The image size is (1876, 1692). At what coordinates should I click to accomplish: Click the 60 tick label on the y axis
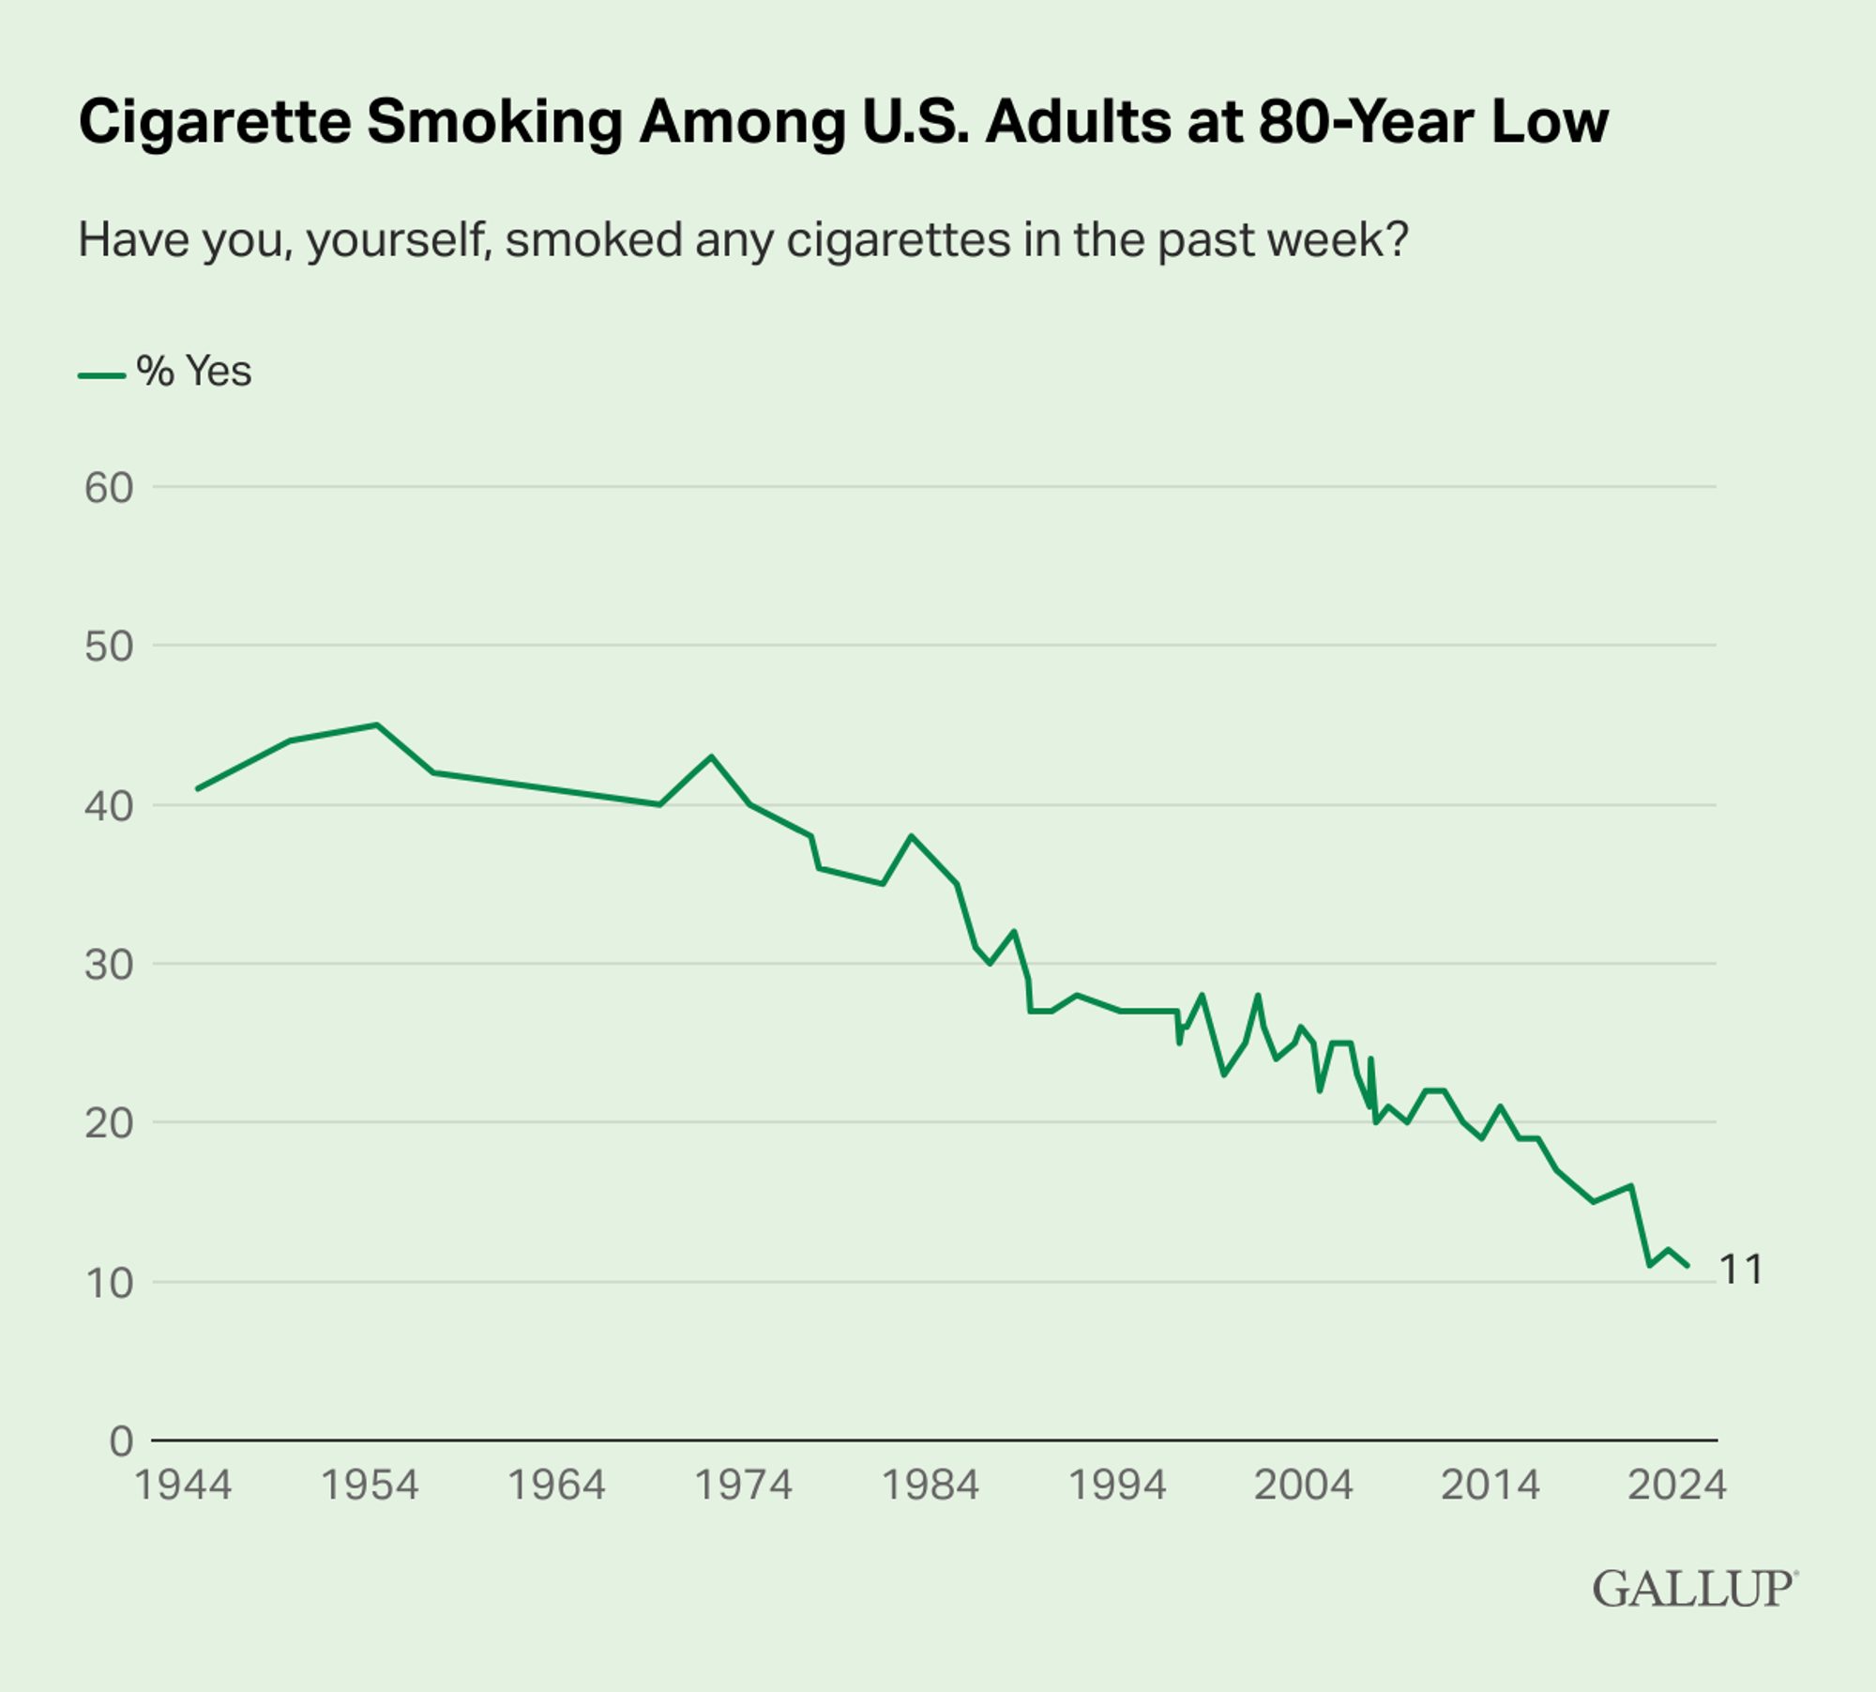pyautogui.click(x=109, y=488)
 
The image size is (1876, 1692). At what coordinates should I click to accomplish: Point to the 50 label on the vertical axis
pyautogui.click(x=109, y=647)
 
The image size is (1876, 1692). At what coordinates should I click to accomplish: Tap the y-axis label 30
pyautogui.click(x=109, y=965)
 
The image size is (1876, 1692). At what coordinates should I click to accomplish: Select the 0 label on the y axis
pyautogui.click(x=121, y=1441)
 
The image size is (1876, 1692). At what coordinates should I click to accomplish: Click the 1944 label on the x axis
pyautogui.click(x=183, y=1486)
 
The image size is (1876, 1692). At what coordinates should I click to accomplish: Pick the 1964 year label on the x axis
pyautogui.click(x=556, y=1486)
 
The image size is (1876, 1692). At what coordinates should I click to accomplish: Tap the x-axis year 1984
pyautogui.click(x=930, y=1486)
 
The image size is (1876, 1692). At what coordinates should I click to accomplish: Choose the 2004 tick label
pyautogui.click(x=1303, y=1486)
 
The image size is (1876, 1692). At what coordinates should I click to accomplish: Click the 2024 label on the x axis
pyautogui.click(x=1676, y=1486)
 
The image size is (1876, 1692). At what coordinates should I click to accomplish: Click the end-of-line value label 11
pyautogui.click(x=1741, y=1270)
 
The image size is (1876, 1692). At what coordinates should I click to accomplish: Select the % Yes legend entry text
pyautogui.click(x=194, y=372)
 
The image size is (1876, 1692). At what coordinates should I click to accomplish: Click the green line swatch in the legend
pyautogui.click(x=101, y=375)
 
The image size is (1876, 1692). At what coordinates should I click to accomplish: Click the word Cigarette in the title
pyautogui.click(x=215, y=122)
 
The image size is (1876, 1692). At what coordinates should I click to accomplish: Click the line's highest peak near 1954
pyautogui.click(x=376, y=724)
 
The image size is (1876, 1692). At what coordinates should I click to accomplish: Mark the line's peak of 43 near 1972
pyautogui.click(x=711, y=755)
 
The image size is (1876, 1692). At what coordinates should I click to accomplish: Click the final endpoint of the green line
pyautogui.click(x=1687, y=1266)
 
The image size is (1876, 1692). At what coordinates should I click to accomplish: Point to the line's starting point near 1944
pyautogui.click(x=197, y=788)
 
